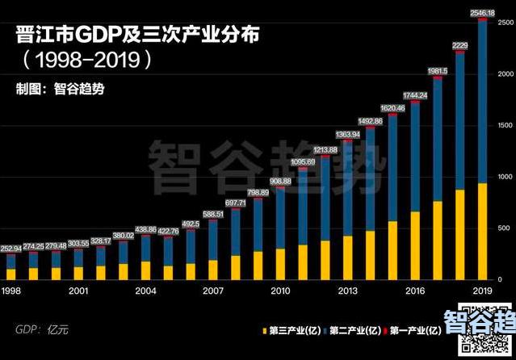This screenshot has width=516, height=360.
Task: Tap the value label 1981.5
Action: tap(438, 71)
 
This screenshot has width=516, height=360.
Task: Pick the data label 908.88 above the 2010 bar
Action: tap(280, 181)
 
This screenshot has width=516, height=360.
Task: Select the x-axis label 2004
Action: tap(145, 291)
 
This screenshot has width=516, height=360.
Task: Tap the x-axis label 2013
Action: tap(347, 291)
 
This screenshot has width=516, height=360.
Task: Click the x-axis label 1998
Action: tap(11, 291)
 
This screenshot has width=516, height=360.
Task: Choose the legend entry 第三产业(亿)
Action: tap(292, 330)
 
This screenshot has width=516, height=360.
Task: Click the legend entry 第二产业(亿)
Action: tap(352, 330)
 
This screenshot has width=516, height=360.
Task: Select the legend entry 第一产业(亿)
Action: tap(413, 330)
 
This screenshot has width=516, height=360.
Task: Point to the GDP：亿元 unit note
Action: tap(41, 329)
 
